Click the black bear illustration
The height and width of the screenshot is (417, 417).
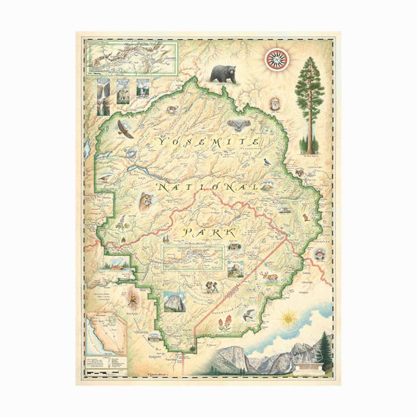222,74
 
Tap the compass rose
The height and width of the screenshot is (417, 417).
275,59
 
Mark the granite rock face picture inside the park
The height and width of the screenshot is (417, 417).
175,303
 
